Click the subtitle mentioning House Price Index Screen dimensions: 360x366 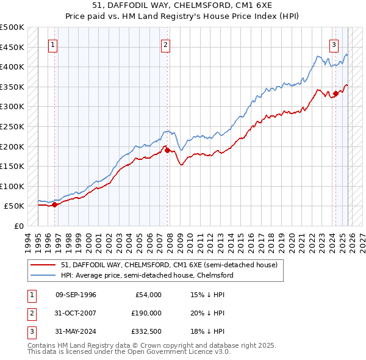tap(182, 16)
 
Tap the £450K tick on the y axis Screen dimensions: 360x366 tap(12, 48)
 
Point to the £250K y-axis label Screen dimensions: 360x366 tap(12, 127)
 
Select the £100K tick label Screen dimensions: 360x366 tap(12, 186)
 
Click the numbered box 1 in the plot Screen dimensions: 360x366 tap(52, 45)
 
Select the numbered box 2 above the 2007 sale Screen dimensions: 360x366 tap(165, 45)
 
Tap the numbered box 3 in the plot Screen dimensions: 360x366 tap(334, 45)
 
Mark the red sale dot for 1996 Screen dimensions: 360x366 tap(54, 204)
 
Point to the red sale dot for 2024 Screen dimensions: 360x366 tap(335, 93)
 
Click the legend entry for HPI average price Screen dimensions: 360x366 tap(146, 275)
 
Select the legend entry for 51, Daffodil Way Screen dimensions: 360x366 tap(169, 265)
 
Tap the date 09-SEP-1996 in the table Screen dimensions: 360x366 tap(76, 295)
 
